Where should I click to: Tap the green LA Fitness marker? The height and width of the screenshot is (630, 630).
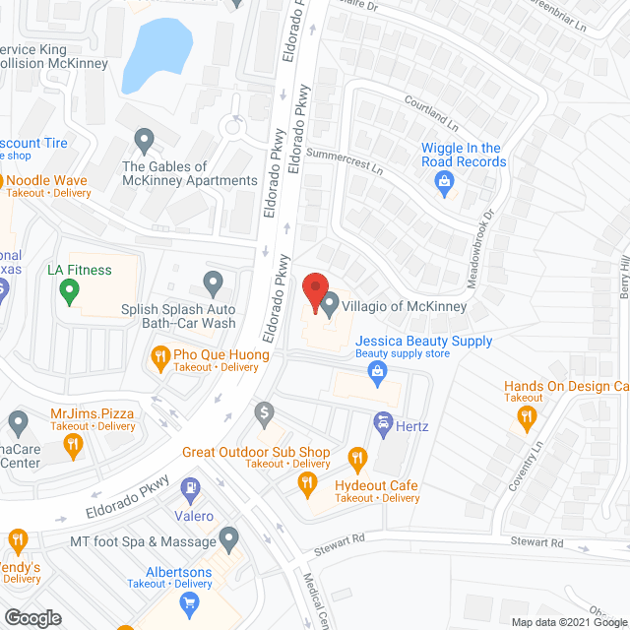(69, 290)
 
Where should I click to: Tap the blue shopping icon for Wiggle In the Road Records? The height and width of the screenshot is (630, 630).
(444, 181)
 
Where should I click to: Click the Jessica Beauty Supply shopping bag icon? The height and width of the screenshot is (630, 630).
(375, 371)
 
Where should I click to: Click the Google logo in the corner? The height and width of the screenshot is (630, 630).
(32, 617)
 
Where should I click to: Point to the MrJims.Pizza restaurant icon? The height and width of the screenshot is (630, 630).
(72, 446)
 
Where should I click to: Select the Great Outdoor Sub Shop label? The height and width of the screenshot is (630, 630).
(255, 452)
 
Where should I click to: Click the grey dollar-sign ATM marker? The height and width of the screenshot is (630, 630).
(264, 411)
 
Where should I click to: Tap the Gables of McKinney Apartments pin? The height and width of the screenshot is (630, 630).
(145, 141)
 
